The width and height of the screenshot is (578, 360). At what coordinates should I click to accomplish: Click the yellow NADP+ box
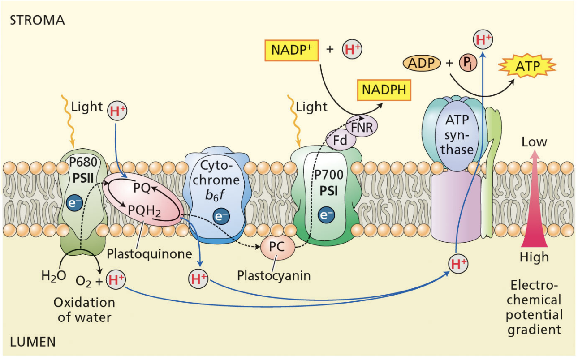[x=291, y=50]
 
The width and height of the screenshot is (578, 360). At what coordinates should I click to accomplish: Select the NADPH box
[x=384, y=90]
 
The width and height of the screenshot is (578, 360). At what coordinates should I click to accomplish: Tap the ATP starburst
[x=527, y=67]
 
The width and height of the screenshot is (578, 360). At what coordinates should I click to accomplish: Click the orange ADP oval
[x=422, y=63]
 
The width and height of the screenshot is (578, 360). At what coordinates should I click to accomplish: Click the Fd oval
[x=343, y=141]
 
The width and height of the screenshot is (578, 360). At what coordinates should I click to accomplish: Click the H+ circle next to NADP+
[x=352, y=50]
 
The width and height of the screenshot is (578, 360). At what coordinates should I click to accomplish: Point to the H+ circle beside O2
[x=116, y=280]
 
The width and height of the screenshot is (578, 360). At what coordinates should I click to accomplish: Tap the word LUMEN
[x=34, y=343]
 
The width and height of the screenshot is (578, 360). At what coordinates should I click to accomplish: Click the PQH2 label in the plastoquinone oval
[x=144, y=209]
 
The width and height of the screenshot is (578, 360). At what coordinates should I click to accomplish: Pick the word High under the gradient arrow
[x=534, y=257]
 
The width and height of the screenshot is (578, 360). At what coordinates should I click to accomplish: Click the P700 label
[x=326, y=178]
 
